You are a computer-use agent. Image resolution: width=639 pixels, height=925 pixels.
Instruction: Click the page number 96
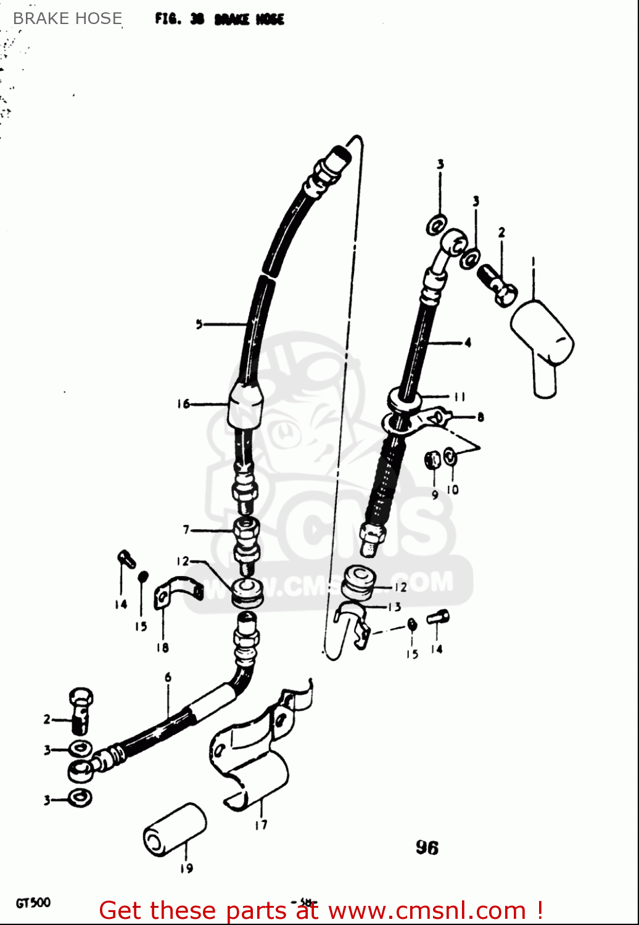[427, 848]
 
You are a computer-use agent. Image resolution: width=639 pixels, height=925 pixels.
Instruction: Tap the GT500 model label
[33, 903]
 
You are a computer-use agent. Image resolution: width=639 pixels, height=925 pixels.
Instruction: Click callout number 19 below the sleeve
[186, 868]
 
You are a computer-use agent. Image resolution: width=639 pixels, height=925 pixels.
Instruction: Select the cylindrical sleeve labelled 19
[175, 829]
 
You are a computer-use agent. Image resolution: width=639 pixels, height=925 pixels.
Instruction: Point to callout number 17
[261, 824]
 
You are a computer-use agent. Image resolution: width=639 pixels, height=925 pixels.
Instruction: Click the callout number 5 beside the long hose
[199, 324]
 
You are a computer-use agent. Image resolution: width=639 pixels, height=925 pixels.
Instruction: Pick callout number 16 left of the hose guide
[184, 405]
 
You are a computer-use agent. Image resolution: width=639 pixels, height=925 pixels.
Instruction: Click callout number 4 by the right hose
[468, 342]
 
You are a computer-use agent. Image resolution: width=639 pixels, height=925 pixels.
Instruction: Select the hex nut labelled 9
[434, 459]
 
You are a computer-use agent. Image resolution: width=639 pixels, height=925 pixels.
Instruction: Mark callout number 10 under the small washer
[453, 490]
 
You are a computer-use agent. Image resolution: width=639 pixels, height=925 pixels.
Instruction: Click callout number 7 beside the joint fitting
[186, 530]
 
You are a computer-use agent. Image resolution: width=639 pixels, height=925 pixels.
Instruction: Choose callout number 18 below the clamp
[162, 647]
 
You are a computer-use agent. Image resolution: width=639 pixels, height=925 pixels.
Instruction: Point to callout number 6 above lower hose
[168, 677]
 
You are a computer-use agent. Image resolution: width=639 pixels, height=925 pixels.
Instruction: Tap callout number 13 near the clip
[394, 607]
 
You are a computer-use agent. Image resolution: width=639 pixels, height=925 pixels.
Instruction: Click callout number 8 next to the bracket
[480, 417]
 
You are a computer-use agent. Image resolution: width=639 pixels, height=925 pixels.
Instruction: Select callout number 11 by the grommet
[460, 397]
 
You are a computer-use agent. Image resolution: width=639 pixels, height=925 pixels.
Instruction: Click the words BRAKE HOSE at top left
[67, 18]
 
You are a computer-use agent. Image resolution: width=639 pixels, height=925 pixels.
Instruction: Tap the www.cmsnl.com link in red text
[427, 911]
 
